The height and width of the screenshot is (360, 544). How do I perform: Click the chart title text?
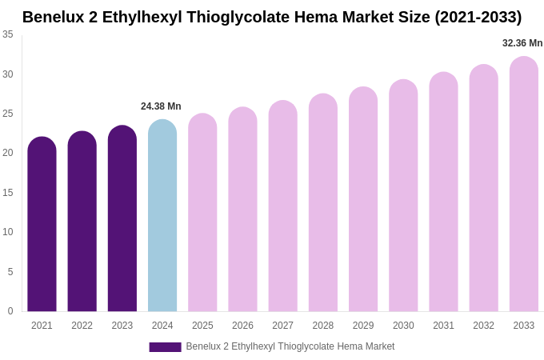(272, 17)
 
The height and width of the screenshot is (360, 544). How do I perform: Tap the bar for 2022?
(82, 222)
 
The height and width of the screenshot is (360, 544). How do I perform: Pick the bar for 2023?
(122, 218)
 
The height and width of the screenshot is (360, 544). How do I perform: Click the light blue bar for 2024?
(162, 215)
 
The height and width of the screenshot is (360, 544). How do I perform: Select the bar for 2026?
(242, 210)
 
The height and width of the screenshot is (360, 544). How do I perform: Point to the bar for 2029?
(363, 199)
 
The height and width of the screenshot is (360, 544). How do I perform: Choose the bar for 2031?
(443, 192)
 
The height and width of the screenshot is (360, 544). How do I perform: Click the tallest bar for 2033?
(524, 184)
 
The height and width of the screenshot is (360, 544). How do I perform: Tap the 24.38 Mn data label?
(161, 106)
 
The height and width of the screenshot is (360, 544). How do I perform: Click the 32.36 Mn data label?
(522, 43)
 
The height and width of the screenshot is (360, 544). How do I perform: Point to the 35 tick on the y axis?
(8, 34)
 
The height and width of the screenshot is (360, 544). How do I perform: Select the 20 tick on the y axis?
(8, 153)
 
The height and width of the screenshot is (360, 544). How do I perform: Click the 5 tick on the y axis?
(10, 272)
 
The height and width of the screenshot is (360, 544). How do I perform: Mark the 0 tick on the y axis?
(10, 311)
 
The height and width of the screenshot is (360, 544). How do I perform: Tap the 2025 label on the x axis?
(202, 326)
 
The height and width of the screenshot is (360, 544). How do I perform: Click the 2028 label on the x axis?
(323, 326)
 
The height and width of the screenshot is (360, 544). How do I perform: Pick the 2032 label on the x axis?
(483, 326)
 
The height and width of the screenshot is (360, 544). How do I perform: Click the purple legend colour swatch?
(165, 347)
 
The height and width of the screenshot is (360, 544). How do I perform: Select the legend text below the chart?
(290, 346)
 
